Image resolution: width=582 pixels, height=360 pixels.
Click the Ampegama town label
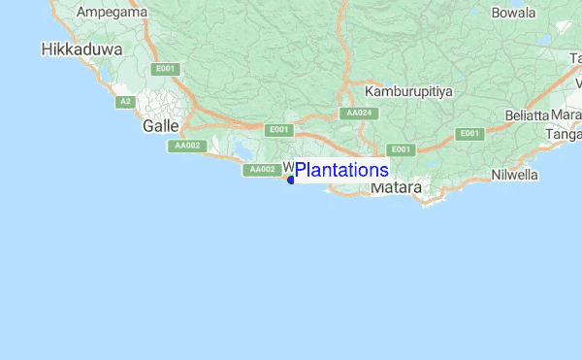pyautogui.click(x=112, y=12)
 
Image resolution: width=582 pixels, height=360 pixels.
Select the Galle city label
pyautogui.click(x=160, y=126)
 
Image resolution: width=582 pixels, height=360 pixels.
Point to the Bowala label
pyautogui.click(x=514, y=13)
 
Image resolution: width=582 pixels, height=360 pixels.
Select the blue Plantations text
pyautogui.click(x=341, y=170)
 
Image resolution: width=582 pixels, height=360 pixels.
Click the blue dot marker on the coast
pyautogui.click(x=291, y=180)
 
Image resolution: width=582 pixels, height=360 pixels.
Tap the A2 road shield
pyautogui.click(x=125, y=102)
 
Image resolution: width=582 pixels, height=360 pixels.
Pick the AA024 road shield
pyautogui.click(x=359, y=114)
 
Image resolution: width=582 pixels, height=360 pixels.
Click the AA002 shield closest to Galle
pyautogui.click(x=187, y=146)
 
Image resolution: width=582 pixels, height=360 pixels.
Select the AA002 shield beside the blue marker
pyautogui.click(x=261, y=170)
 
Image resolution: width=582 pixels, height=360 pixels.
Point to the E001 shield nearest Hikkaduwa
pyautogui.click(x=164, y=69)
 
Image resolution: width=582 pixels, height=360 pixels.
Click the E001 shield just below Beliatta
pyautogui.click(x=469, y=133)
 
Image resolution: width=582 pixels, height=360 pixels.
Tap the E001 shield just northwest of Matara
pyautogui.click(x=399, y=149)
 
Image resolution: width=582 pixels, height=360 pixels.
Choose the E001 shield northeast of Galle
pyautogui.click(x=278, y=129)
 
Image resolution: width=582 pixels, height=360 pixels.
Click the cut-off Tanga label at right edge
pyautogui.click(x=567, y=135)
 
